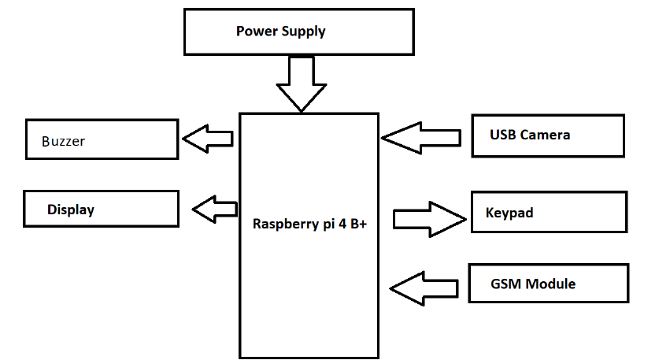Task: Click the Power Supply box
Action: point(298,32)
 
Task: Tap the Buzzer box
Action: point(101,139)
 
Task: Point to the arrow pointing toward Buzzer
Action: point(207,139)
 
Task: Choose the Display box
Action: point(100,210)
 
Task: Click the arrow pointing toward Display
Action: point(214,210)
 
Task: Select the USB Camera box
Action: point(547,135)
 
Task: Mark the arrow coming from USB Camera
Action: point(421,137)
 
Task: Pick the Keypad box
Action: point(549,212)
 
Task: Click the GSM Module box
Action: point(548,284)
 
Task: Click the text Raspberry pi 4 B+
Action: point(310,223)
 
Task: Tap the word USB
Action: point(502,135)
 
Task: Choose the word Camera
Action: point(544,135)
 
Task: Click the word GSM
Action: point(505,284)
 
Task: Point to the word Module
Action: point(550,284)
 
